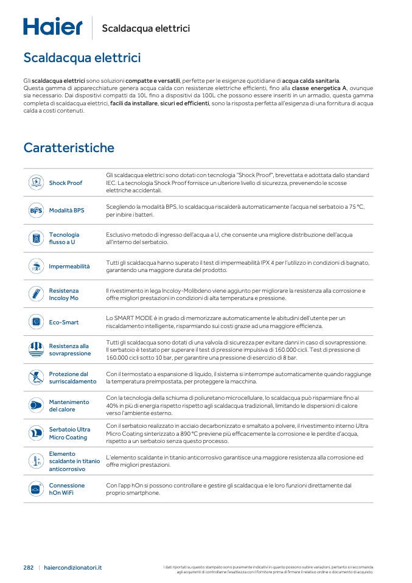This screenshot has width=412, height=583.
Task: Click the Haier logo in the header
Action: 53,27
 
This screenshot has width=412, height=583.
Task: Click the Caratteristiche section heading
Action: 69,148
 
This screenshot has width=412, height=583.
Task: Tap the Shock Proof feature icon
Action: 35,183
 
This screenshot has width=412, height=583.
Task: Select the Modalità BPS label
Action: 66,211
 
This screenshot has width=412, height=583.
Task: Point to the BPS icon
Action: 35,211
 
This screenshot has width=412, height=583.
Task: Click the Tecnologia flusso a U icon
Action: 35,238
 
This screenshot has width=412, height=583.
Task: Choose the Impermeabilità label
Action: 69,267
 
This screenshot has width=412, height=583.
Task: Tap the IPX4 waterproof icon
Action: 35,267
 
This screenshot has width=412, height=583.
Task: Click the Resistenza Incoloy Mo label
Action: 63,295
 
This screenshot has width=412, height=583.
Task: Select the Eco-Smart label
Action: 64,323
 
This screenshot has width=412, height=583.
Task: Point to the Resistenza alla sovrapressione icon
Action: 35,349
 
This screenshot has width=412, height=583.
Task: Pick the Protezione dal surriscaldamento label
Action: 72,378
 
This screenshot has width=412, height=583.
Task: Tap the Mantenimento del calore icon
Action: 35,405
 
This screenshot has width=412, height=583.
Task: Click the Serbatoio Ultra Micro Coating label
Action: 69,433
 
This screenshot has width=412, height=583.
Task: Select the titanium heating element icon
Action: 35,461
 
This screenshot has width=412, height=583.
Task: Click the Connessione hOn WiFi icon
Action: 35,489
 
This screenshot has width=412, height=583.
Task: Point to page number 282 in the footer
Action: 29,567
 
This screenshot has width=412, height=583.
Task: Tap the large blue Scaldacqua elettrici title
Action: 82,58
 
